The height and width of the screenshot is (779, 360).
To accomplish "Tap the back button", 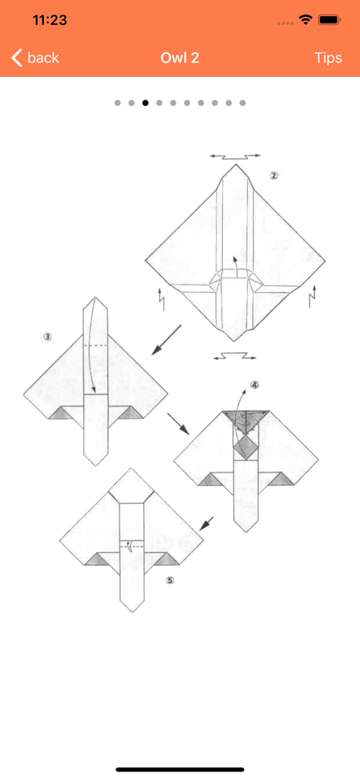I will click(35, 58).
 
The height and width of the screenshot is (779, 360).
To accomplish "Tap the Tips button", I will click(328, 58).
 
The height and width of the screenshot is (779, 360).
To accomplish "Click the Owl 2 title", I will click(180, 58).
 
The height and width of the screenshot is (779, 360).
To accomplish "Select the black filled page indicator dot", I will click(145, 103).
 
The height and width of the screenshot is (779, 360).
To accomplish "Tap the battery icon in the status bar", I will click(330, 21).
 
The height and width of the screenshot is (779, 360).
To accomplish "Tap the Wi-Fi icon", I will click(306, 21).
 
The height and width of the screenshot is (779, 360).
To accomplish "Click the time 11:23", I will click(50, 21).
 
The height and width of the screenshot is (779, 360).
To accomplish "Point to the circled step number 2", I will click(274, 175).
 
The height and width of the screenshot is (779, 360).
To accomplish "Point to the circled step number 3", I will click(47, 336).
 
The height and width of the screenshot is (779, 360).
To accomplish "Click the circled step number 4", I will click(255, 385).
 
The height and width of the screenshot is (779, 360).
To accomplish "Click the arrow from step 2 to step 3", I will click(166, 339).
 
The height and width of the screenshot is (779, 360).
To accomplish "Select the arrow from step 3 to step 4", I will click(179, 424).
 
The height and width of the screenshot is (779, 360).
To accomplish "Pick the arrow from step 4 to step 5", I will click(205, 523).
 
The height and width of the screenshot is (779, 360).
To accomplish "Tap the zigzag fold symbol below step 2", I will click(234, 355).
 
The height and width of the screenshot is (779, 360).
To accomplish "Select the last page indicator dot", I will click(243, 103).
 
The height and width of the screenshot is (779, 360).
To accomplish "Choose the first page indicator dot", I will click(118, 103).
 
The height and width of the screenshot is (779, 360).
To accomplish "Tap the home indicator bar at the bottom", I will click(180, 769).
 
